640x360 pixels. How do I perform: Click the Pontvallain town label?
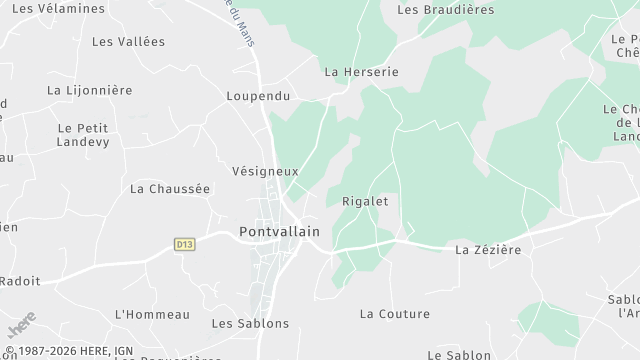[x=279, y=232]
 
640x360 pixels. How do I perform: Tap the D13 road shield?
[x=183, y=243]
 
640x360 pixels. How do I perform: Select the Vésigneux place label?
[x=265, y=171]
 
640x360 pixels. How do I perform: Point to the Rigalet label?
[x=365, y=200]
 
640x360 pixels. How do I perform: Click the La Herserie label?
[x=361, y=73]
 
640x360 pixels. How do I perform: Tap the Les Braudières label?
[x=446, y=10]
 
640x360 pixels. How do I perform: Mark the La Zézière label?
[x=488, y=249]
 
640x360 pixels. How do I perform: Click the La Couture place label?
[x=394, y=314]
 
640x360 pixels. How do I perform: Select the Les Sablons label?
[x=250, y=323]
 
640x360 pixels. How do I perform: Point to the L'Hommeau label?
[x=152, y=314]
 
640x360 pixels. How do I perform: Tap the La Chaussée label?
[x=170, y=188]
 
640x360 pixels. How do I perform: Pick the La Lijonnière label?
[x=90, y=90]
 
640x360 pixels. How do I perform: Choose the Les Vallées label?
[x=128, y=42]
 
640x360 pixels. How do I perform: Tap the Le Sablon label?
[x=459, y=355]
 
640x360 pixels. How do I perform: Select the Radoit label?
[x=20, y=281]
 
